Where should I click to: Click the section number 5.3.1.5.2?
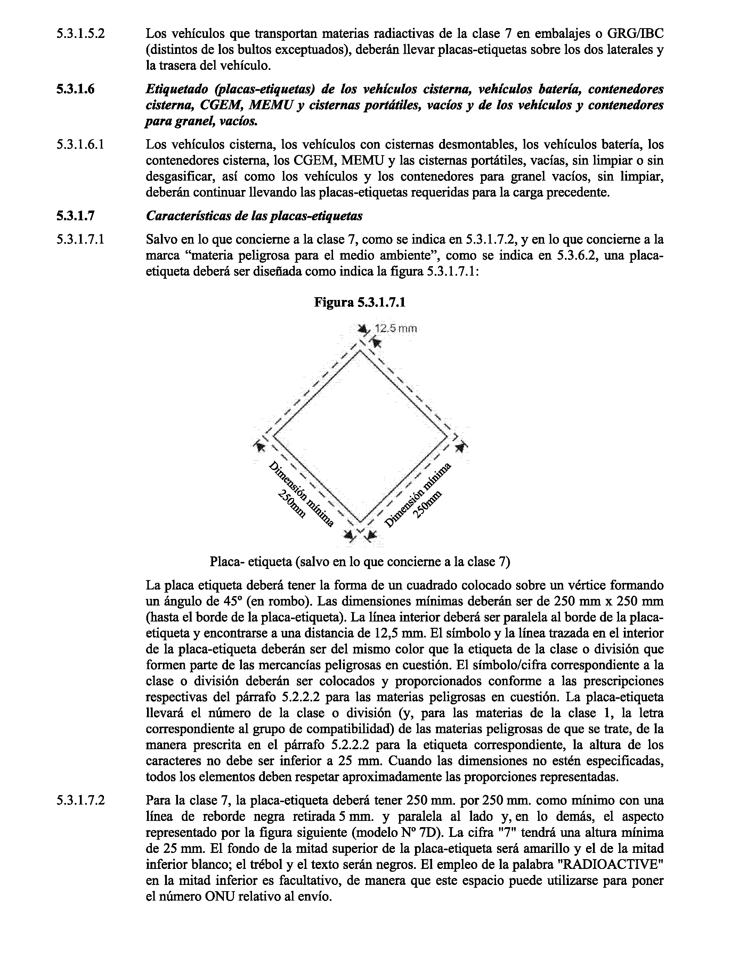click(x=81, y=34)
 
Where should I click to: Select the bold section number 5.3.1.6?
click(x=75, y=89)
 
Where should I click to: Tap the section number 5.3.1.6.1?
click(x=81, y=144)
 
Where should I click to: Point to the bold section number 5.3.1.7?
click(x=75, y=216)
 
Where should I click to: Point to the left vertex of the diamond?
click(x=274, y=437)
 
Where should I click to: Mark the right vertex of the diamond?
click(x=448, y=437)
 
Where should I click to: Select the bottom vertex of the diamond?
click(x=361, y=523)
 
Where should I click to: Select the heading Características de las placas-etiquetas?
click(x=254, y=216)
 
